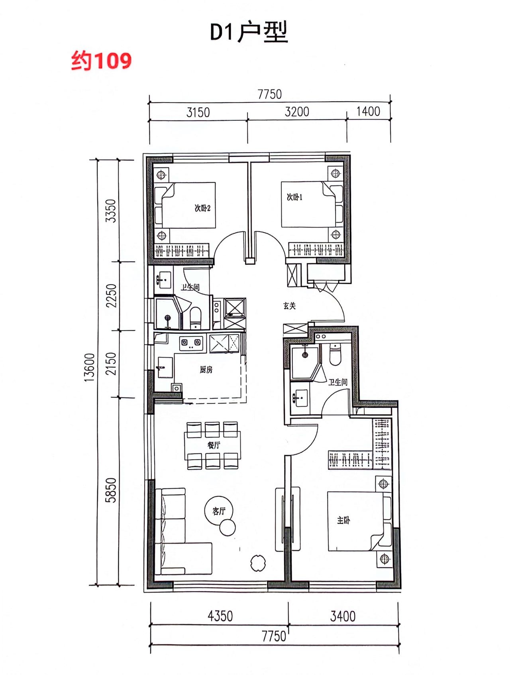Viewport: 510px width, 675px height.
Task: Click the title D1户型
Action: [249, 32]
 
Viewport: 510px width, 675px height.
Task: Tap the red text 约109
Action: [101, 61]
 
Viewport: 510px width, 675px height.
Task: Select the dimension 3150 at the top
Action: [198, 112]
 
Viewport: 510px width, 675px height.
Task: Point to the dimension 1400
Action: [368, 111]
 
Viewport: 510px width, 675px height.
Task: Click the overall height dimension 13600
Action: [90, 368]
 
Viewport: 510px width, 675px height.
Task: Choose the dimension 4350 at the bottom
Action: [220, 616]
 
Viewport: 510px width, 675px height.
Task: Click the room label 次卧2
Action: [202, 208]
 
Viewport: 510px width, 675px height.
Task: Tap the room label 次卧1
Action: [295, 197]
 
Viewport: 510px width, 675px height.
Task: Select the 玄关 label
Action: [290, 306]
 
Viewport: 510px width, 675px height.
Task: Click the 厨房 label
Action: [206, 370]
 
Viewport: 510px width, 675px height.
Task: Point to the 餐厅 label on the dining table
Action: [214, 445]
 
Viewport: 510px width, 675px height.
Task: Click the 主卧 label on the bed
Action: [343, 520]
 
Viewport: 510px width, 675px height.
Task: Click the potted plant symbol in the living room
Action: [258, 563]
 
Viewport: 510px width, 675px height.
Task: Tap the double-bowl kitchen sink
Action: [191, 343]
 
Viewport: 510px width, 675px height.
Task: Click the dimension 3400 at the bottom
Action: [343, 616]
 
